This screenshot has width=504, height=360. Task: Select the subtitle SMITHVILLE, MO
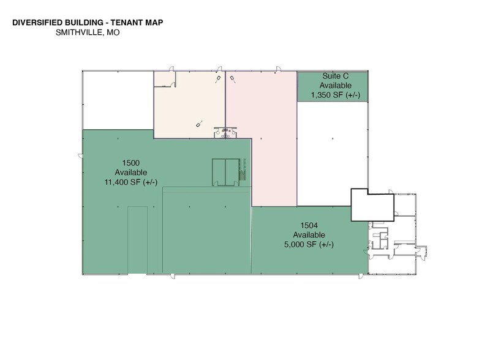coord(87,33)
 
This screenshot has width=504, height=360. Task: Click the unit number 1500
coord(131,162)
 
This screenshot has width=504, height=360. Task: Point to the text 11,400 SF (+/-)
coord(131,182)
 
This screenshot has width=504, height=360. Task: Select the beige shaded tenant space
coord(190,104)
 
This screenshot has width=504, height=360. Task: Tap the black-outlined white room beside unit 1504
coord(371,205)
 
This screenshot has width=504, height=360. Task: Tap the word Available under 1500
coord(131,172)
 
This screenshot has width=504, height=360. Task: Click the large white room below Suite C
coord(331,153)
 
